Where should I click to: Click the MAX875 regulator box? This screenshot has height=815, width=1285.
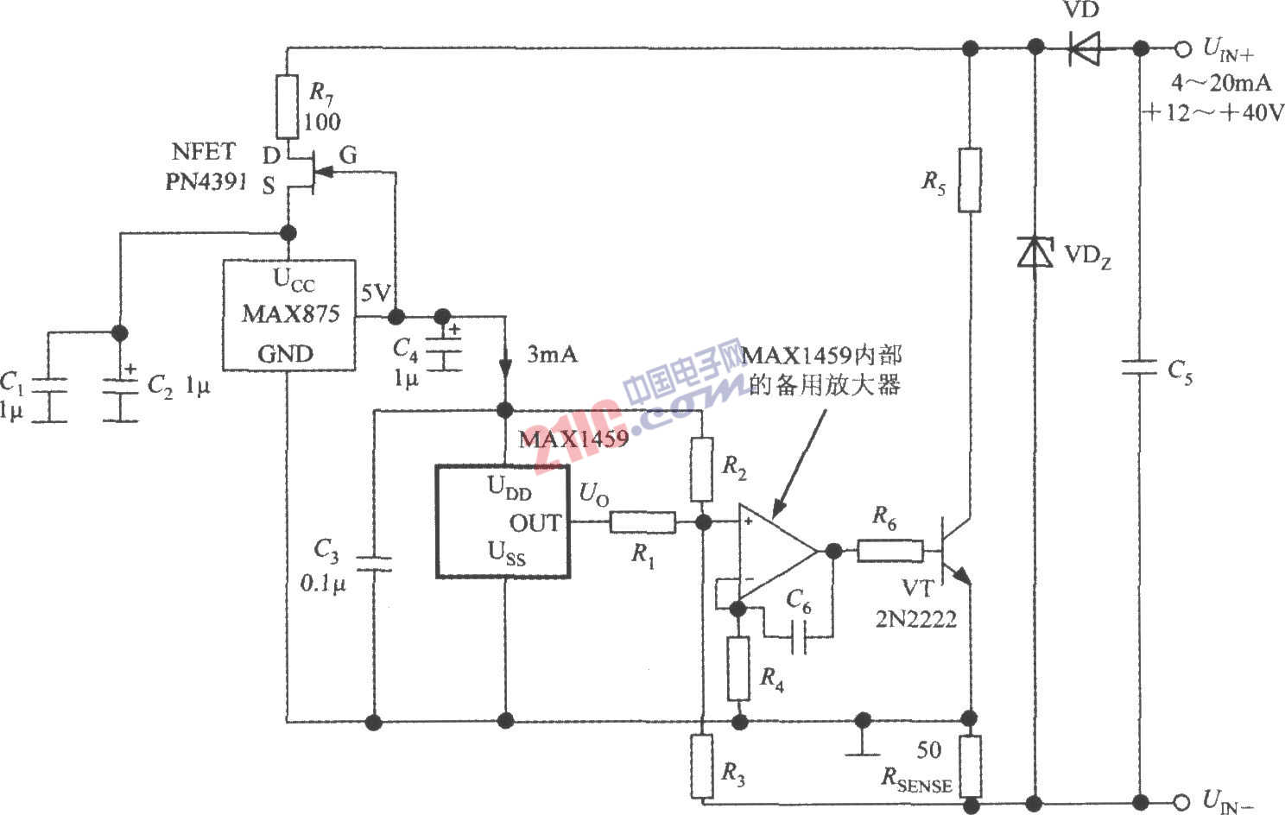point(288,315)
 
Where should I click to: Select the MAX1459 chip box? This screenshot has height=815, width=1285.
point(503,521)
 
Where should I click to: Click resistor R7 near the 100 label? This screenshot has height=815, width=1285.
point(288,107)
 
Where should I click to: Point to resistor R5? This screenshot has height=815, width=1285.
point(970,180)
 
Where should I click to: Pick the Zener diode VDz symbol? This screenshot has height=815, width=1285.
point(1034,251)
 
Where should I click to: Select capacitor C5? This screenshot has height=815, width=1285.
point(1139,368)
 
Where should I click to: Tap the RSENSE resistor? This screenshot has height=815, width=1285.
point(970,766)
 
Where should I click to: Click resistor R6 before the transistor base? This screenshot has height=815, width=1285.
point(889,550)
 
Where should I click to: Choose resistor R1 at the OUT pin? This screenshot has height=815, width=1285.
point(642,522)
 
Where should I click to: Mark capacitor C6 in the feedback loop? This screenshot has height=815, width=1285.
point(799,637)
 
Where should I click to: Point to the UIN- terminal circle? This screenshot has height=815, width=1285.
point(1182,800)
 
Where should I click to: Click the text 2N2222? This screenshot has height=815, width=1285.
point(915,619)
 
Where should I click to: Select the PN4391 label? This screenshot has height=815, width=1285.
point(206,182)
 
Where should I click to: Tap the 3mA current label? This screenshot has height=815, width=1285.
point(552,354)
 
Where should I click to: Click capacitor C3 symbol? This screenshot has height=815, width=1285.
point(375,564)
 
